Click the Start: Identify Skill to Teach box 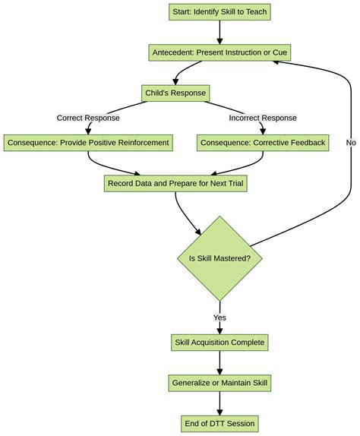219,11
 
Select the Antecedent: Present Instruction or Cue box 219,52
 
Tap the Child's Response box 175,93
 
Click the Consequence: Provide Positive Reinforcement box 88,142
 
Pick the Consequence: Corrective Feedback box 263,142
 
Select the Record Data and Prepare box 175,183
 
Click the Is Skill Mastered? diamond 219,258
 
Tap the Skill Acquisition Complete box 219,343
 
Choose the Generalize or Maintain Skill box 219,384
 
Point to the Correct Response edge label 88,118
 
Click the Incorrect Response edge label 263,118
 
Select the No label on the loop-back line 351,142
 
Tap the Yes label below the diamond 219,318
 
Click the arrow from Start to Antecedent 219,32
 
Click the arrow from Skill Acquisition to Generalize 219,363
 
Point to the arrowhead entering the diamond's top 200,230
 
